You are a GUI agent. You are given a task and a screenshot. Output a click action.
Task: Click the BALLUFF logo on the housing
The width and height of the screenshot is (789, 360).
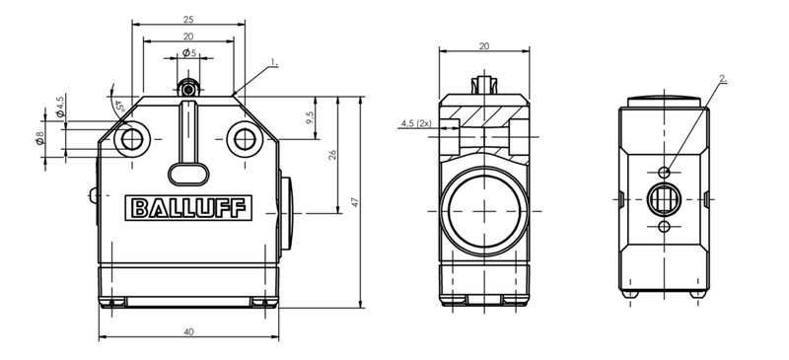188,207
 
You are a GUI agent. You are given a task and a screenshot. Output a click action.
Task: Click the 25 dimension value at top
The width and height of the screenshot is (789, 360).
188,20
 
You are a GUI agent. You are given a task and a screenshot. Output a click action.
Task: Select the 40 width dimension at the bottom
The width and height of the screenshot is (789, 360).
188,331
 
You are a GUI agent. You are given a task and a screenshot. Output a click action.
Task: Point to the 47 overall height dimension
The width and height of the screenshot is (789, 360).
355,202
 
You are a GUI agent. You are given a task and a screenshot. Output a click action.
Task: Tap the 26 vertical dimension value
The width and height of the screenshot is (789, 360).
332,155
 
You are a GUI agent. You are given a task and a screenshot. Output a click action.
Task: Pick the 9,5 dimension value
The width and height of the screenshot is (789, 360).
310,117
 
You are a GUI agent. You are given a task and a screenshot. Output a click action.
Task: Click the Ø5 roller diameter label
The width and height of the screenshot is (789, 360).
189,52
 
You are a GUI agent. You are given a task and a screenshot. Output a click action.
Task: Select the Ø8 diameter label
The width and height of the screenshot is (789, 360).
39,137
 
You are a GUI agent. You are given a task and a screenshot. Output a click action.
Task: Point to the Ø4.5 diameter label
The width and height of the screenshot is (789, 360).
60,107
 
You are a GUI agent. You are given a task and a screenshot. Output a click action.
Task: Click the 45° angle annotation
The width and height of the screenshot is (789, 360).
119,107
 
